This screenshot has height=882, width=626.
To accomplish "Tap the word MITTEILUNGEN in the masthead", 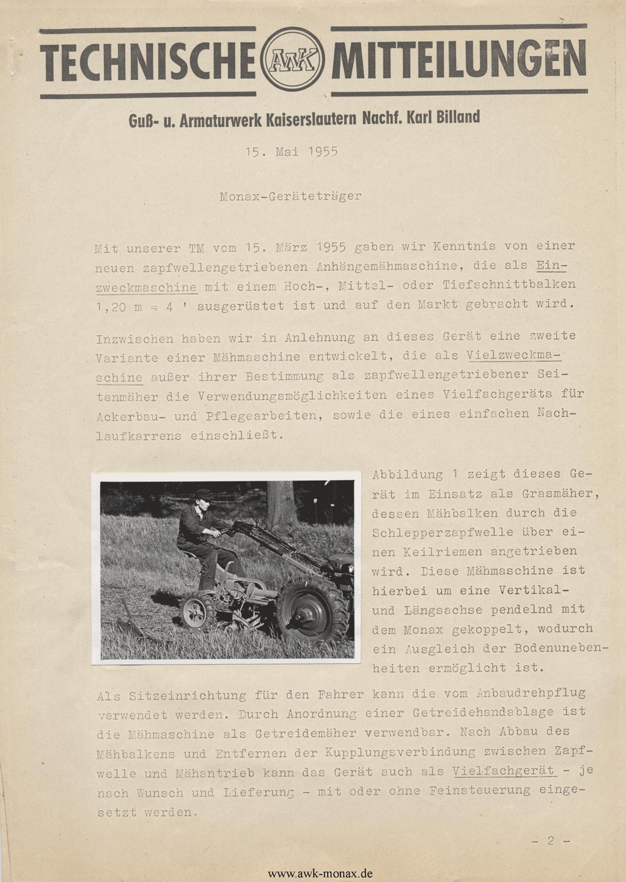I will tap(459, 60).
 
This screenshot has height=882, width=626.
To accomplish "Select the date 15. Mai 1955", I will tap(292, 151).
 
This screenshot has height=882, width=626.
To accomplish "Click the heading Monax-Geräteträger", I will tap(290, 197).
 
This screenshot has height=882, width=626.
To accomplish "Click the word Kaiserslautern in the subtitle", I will tap(311, 118).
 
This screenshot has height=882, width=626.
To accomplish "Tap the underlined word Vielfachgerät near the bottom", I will tap(504, 771).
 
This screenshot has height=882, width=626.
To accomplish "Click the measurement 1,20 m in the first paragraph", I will tap(119, 307).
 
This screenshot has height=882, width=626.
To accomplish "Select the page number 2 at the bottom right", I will tap(550, 841).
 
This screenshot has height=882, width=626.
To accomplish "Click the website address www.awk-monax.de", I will tap(320, 873).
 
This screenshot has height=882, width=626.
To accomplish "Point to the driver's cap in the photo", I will tap(204, 494).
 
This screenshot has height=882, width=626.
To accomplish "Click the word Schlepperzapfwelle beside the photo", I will tap(441, 533).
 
